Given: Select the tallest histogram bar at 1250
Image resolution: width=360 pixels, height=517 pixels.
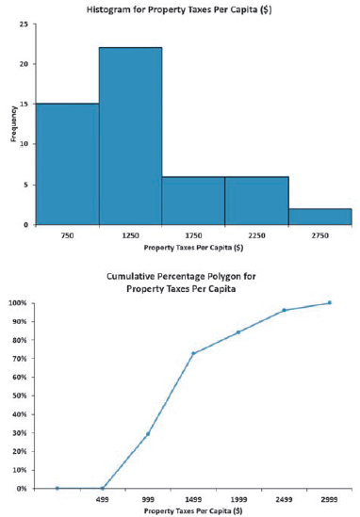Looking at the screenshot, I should (x=130, y=137).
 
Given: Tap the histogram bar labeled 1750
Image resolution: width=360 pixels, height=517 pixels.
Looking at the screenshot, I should (x=193, y=201).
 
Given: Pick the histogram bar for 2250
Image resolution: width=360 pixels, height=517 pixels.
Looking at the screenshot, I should (x=256, y=201).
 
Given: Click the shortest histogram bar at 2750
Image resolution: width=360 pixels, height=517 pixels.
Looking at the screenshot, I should (x=319, y=217).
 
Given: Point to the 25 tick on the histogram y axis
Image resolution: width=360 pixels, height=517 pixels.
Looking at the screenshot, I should (x=23, y=24).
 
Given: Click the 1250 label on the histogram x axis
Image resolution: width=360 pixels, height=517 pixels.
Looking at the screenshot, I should (x=130, y=235).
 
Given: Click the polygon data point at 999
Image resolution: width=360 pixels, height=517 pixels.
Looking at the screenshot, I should (x=148, y=433).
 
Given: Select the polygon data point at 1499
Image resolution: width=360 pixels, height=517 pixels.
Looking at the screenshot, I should (x=193, y=353).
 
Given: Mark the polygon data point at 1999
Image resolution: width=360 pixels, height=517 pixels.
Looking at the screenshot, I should (x=238, y=331).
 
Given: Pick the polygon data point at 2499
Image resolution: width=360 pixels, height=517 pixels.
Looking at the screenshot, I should (x=284, y=310).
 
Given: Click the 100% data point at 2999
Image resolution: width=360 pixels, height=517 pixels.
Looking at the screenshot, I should (x=329, y=302).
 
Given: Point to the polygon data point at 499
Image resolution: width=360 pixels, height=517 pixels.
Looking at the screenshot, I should (x=103, y=488).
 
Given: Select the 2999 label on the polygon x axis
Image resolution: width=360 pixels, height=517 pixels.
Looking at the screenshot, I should (x=329, y=499).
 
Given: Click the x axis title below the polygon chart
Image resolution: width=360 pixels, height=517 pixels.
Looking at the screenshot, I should (x=193, y=510).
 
